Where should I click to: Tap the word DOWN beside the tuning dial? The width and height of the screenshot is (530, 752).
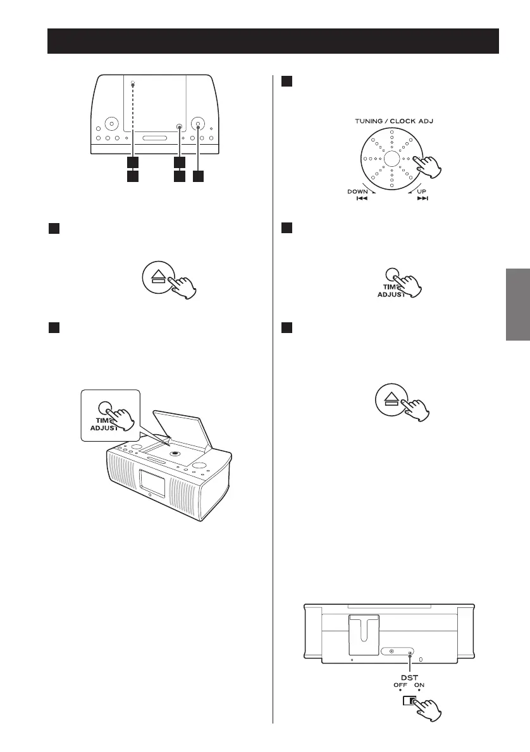pos(358,191)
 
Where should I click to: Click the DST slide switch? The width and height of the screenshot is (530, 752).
pos(409,700)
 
